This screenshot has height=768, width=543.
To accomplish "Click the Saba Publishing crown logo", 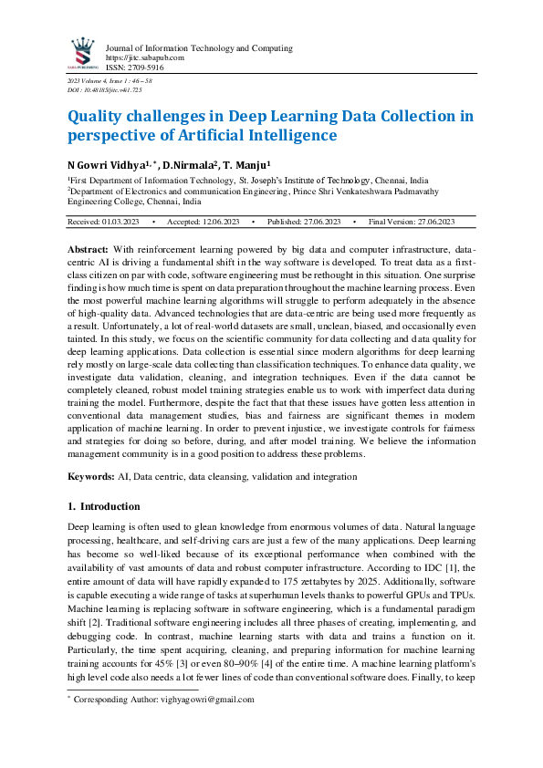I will [x=83, y=53].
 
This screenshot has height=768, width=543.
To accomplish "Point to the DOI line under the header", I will [x=99, y=91].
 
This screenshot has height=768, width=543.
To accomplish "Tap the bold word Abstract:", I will [x=89, y=249].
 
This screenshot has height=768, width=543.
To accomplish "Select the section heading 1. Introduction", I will [x=104, y=506].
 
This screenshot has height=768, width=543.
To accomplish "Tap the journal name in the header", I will [x=199, y=47].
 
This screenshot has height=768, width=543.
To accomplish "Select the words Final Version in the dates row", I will [x=392, y=222].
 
